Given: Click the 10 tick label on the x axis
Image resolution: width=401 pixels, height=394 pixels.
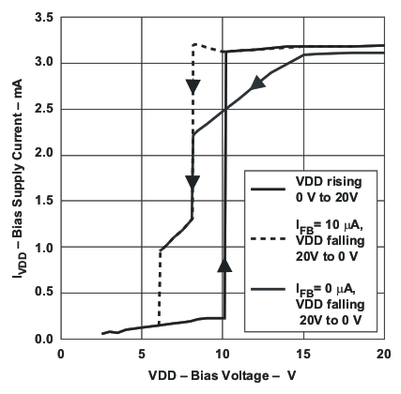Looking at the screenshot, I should tap(222, 354).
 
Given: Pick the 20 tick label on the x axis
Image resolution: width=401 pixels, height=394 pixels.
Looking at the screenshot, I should tap(382, 354).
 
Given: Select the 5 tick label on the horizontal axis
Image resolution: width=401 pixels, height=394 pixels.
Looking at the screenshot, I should tap(141, 354).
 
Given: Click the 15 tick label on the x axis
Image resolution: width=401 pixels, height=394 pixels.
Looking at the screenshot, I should tap(301, 354).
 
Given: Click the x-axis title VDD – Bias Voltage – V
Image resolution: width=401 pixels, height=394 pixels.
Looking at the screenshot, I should tap(222, 380).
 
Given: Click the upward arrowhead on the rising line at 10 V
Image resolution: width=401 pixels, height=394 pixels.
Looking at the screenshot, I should tap(224, 266).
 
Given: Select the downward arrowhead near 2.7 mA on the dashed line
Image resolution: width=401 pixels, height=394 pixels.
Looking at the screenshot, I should tap(193, 87).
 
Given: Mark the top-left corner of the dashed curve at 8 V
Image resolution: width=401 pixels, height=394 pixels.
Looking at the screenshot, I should tap(193, 44).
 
